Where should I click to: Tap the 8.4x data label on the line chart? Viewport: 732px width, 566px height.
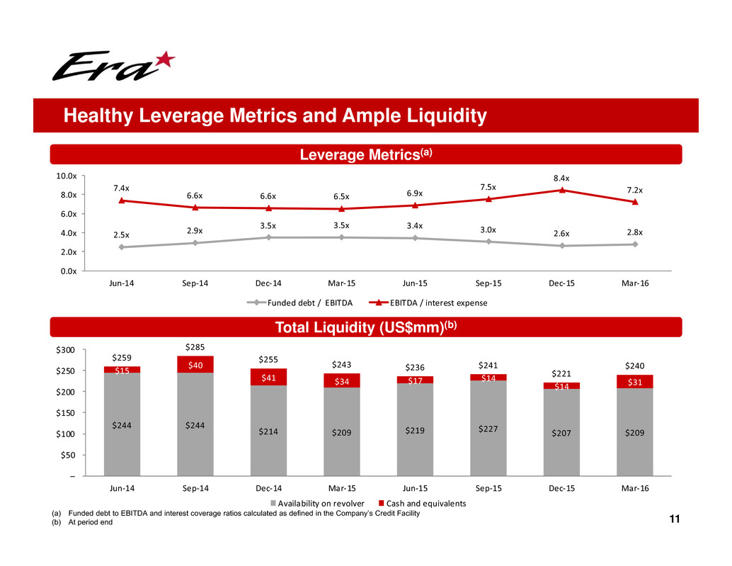click(x=561, y=179)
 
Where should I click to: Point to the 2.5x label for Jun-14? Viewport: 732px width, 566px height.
click(x=123, y=234)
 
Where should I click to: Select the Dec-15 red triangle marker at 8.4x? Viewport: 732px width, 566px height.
click(x=561, y=190)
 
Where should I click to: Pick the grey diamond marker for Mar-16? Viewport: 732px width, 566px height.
click(x=635, y=244)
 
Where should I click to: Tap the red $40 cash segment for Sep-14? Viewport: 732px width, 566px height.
click(x=195, y=365)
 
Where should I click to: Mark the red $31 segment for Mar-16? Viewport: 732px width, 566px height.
click(x=634, y=382)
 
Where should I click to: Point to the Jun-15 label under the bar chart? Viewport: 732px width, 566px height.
click(x=415, y=489)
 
